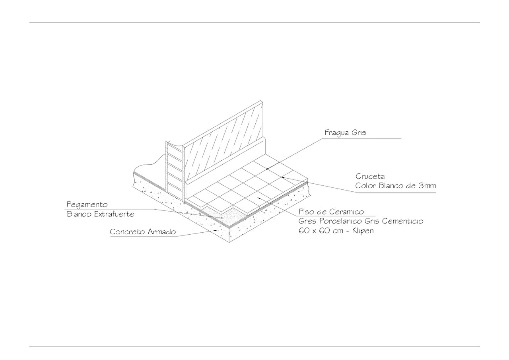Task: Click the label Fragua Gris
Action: [345, 133]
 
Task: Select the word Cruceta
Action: [370, 176]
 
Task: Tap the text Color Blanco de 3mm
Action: [396, 186]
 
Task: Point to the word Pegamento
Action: [87, 205]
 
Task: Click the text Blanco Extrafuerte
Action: [101, 214]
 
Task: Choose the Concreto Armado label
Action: [143, 232]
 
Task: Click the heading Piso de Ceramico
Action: [331, 212]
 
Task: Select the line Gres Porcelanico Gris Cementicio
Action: [361, 221]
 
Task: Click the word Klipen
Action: [363, 231]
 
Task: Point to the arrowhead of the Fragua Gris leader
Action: [267, 169]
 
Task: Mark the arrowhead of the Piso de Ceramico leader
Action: [258, 198]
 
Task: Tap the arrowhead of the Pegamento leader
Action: [223, 218]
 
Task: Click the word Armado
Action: [162, 232]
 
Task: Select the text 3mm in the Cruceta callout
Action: [427, 186]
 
